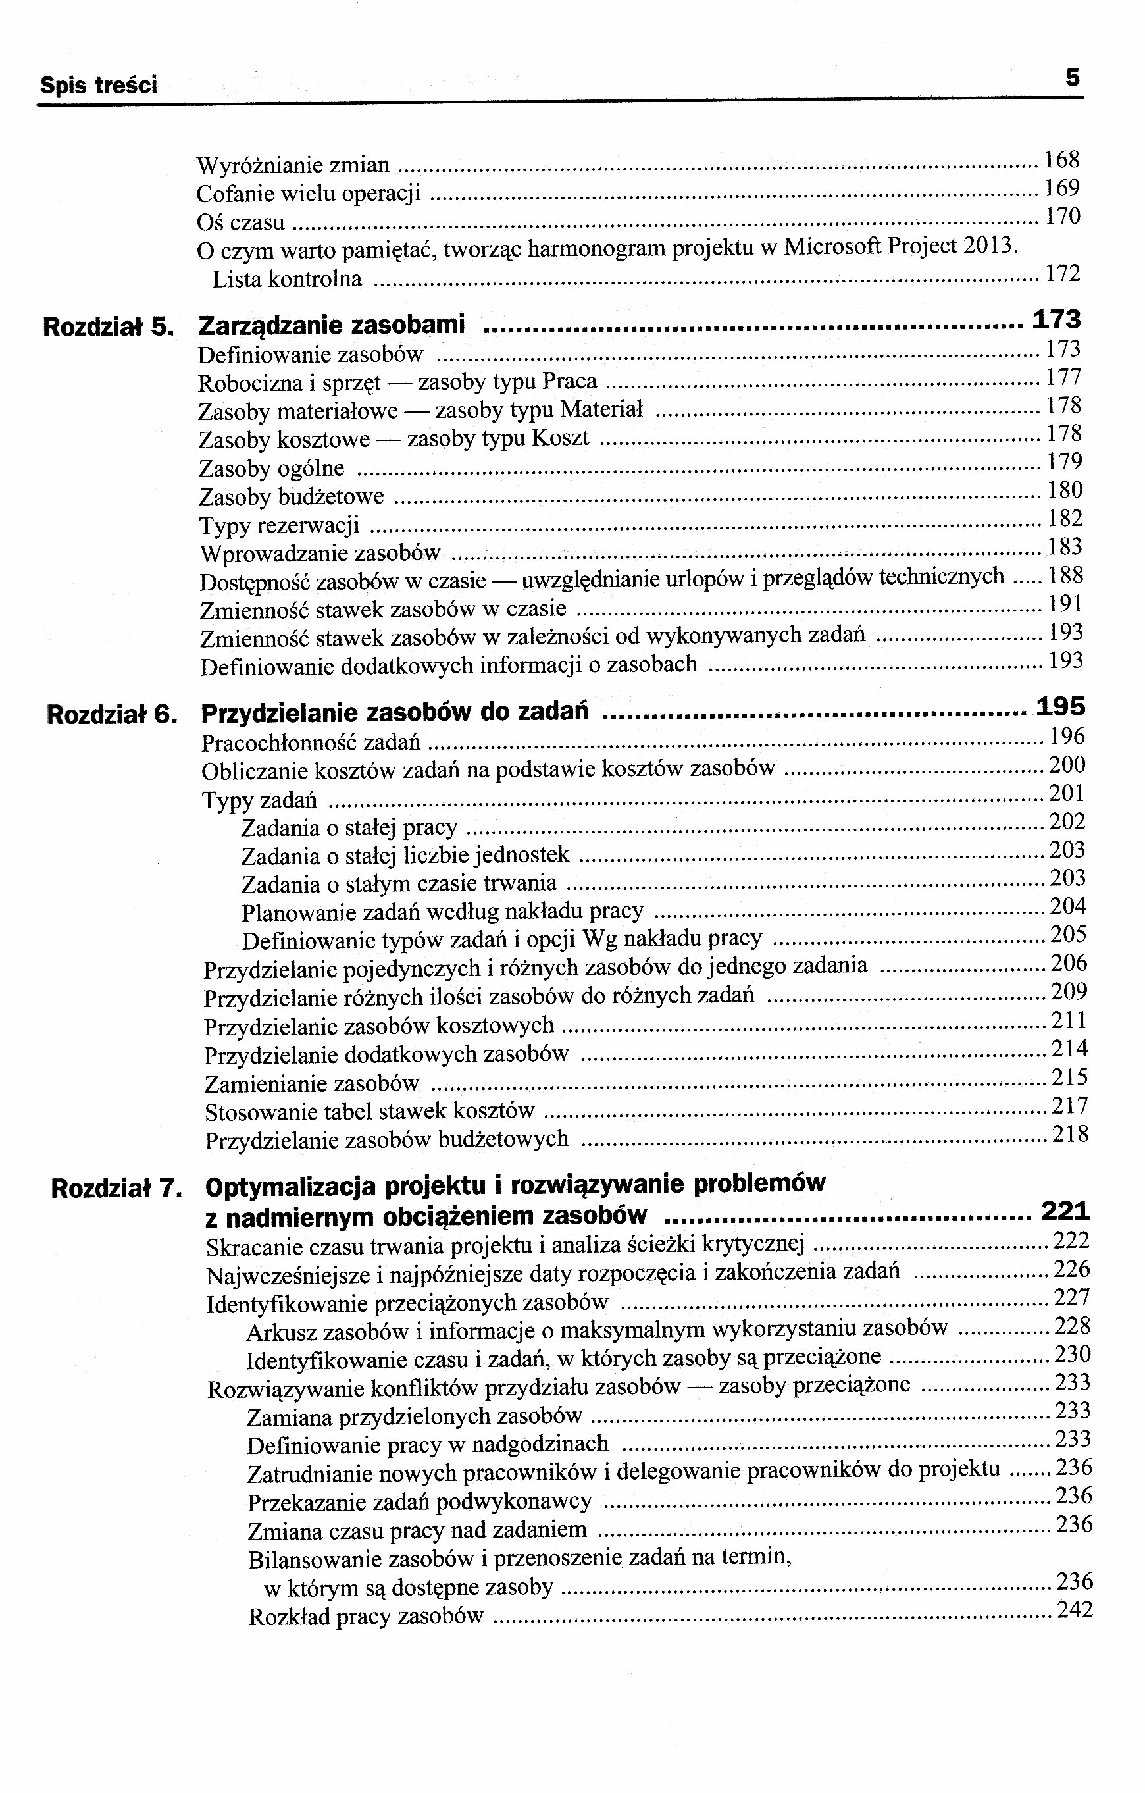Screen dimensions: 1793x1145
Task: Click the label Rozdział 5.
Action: coord(109,327)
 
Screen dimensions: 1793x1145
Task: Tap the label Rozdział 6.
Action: coord(112,715)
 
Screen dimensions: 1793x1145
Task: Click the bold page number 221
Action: coord(1065,1212)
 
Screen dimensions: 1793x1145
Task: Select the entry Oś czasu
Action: coord(240,222)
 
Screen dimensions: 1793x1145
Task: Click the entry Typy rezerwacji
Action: coord(279,526)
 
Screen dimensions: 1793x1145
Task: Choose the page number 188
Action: coord(1065,575)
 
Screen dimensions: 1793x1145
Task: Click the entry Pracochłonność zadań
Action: coord(311,742)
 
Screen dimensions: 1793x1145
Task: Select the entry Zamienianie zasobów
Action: coord(311,1083)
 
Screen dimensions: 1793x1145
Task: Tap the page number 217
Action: coord(1070,1106)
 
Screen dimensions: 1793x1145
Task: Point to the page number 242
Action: coord(1075,1611)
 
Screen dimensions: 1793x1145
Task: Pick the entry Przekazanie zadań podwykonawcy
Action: coord(419,1502)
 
